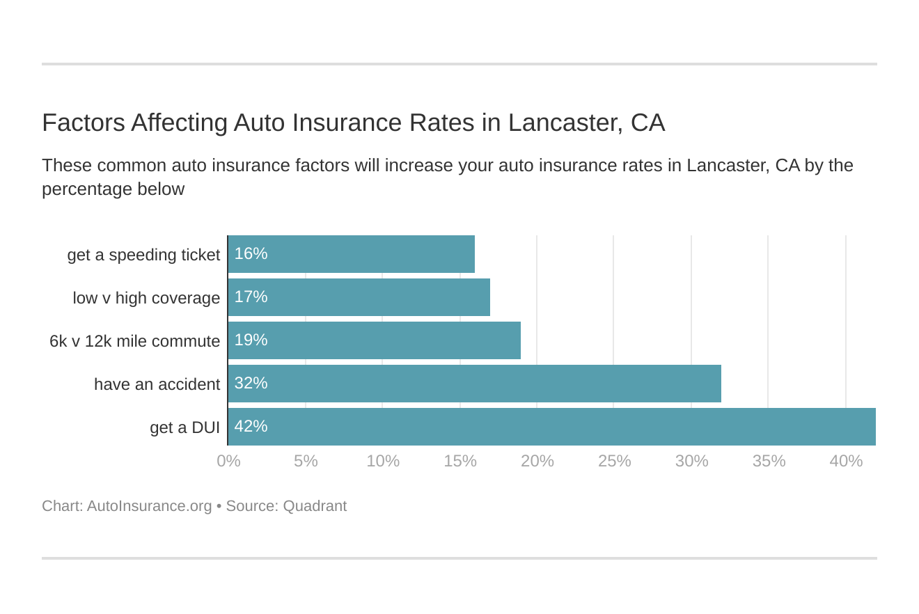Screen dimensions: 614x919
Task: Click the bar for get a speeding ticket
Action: [352, 254]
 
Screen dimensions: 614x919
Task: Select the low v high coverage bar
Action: [359, 297]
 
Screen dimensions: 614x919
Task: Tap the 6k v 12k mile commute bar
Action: [375, 340]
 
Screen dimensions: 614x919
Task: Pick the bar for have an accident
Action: [475, 384]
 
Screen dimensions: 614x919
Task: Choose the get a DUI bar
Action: [551, 427]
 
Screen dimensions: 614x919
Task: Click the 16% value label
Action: [251, 254]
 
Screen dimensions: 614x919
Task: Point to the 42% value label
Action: [251, 427]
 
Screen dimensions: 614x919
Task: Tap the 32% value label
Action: [251, 384]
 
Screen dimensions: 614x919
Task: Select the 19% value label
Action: [251, 340]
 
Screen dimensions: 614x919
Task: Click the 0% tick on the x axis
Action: [228, 461]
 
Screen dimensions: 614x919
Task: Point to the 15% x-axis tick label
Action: [460, 461]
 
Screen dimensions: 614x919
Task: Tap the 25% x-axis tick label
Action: [614, 461]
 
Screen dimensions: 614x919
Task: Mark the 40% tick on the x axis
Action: [846, 461]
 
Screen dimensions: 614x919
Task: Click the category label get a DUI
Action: [184, 427]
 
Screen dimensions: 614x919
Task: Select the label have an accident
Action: [157, 384]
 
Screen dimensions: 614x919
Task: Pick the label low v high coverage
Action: [146, 298]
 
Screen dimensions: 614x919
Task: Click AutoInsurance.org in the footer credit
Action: [149, 506]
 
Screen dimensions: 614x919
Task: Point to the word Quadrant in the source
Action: [315, 506]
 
